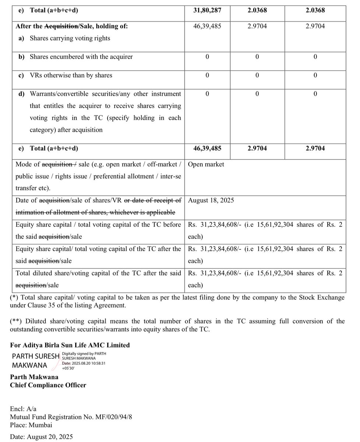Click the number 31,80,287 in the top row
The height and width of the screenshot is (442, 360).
[207, 10]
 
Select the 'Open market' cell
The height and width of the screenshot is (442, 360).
[206, 164]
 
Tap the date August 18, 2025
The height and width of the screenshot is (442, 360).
[211, 200]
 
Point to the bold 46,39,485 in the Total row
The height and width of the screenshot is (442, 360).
[207, 148]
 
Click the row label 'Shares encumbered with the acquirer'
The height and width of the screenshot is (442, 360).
[81, 57]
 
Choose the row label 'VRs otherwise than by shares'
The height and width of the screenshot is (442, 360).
[71, 75]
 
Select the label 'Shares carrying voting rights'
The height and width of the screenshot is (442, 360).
[70, 38]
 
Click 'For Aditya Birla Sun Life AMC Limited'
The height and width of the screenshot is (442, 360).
[70, 345]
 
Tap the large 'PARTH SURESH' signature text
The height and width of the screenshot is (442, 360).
[36, 356]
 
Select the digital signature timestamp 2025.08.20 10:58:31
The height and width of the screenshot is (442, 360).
[90, 363]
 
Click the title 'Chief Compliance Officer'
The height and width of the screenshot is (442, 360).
[48, 385]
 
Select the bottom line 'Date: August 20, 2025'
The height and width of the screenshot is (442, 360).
[41, 437]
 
